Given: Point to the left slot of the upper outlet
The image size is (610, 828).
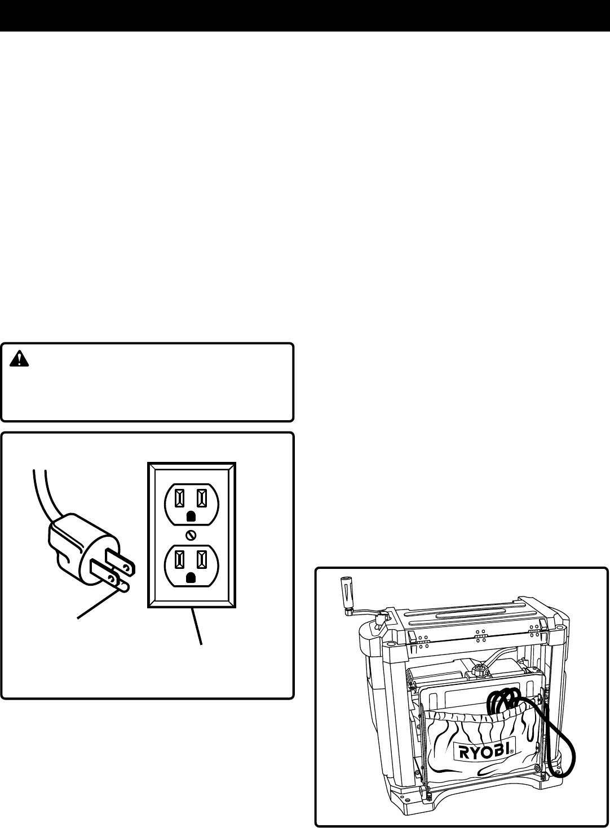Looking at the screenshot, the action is [x=179, y=497].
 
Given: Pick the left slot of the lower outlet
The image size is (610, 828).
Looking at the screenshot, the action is [x=179, y=560].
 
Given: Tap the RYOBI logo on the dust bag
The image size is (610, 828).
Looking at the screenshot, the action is [x=485, y=750].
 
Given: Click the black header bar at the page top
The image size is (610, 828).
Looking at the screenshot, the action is [x=305, y=15].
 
